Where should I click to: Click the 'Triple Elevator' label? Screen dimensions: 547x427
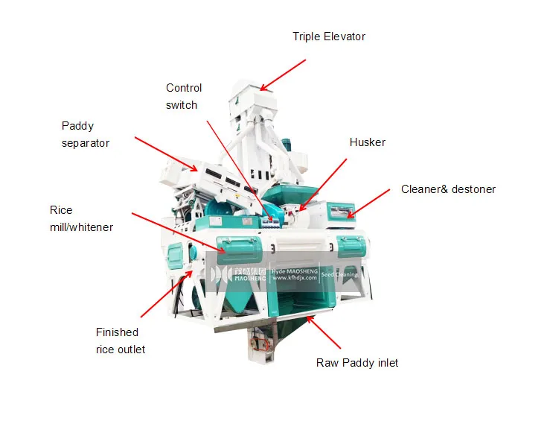pos(328,37)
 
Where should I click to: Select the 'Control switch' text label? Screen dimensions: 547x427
pos(182,97)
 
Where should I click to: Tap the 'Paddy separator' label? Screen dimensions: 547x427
pos(86,134)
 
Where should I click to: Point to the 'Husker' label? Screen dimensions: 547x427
pos(367,142)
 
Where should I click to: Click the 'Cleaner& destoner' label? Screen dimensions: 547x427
pos(448,189)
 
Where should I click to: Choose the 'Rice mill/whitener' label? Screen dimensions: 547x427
pos(81,218)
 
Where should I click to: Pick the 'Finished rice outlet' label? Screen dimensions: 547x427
pos(120,341)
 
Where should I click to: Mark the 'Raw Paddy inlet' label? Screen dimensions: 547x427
pos(356,363)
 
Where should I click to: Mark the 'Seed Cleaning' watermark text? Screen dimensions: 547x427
pos(339,274)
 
